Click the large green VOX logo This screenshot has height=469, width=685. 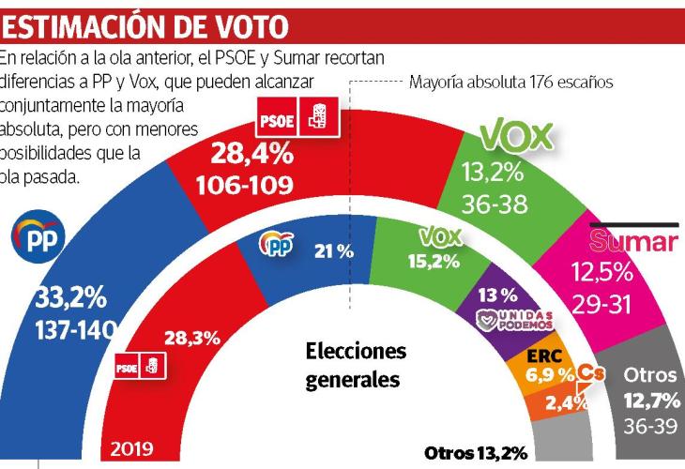coord(514,137)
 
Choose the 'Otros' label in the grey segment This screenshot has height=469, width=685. coord(650,374)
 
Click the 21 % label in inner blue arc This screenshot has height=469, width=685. coord(333,250)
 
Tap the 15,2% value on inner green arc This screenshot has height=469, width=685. coord(433,260)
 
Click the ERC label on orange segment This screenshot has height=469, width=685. coord(544,356)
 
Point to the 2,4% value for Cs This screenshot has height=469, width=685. coord(567,403)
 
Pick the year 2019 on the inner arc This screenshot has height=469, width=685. coord(131,447)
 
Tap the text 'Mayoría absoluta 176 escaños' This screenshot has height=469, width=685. coord(510,82)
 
